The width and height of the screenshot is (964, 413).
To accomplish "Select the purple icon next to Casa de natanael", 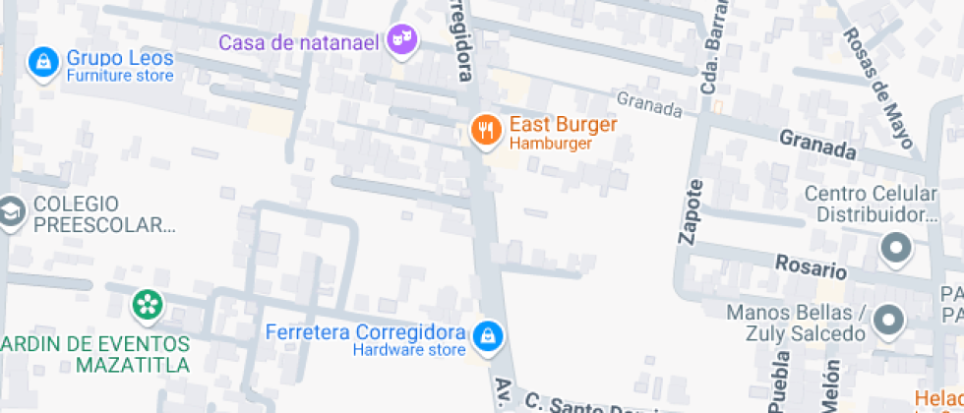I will pyautogui.click(x=401, y=40).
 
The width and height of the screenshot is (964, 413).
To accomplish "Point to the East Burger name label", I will pyautogui.click(x=563, y=126).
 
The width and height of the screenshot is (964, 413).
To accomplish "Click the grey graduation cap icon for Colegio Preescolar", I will pyautogui.click(x=11, y=212).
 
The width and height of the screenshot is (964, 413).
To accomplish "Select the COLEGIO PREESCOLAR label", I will pyautogui.click(x=103, y=215).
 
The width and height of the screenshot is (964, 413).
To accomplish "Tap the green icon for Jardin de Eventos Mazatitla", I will pyautogui.click(x=147, y=303).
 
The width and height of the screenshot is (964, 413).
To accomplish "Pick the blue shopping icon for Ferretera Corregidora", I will pyautogui.click(x=485, y=337).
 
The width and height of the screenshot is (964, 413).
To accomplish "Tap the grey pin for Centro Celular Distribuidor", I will pyautogui.click(x=895, y=250).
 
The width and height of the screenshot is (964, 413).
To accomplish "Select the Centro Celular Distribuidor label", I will pyautogui.click(x=872, y=204).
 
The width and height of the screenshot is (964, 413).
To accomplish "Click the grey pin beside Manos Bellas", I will pyautogui.click(x=888, y=321).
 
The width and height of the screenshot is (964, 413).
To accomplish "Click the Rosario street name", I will pyautogui.click(x=811, y=265).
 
